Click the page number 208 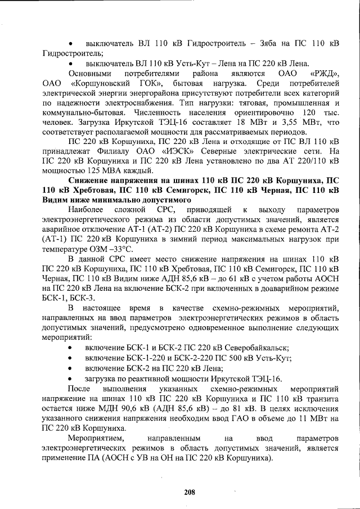(189, 492)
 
